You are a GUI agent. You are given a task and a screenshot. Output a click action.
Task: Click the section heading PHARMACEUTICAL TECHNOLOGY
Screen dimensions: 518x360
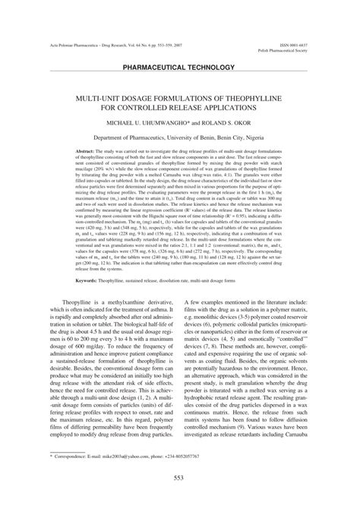tap(179, 68)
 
